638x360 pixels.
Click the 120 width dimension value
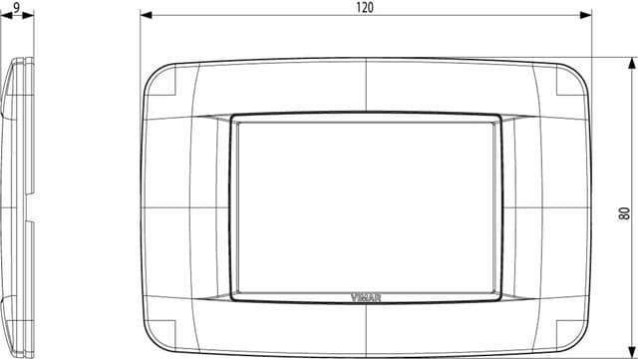(x=365, y=7)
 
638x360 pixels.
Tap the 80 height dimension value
(x=625, y=212)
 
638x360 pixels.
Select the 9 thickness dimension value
(x=17, y=7)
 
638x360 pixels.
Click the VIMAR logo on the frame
(x=366, y=293)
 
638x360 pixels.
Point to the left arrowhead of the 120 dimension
(x=145, y=16)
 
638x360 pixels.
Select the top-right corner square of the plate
(x=566, y=80)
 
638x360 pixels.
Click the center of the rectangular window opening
(x=366, y=206)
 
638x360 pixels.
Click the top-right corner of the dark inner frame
(x=499, y=117)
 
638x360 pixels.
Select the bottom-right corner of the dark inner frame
(x=499, y=298)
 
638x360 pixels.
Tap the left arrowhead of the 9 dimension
(x=3, y=16)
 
